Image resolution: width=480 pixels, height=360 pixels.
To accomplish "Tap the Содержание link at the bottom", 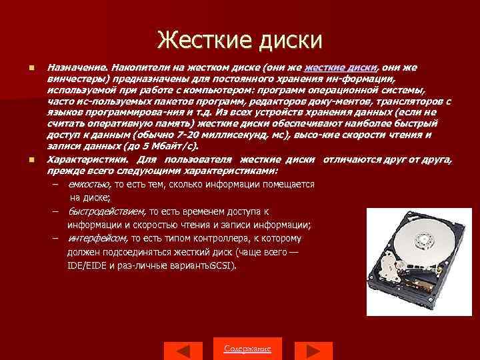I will (247, 349).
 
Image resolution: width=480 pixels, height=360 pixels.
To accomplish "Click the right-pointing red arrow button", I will (308, 351).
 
